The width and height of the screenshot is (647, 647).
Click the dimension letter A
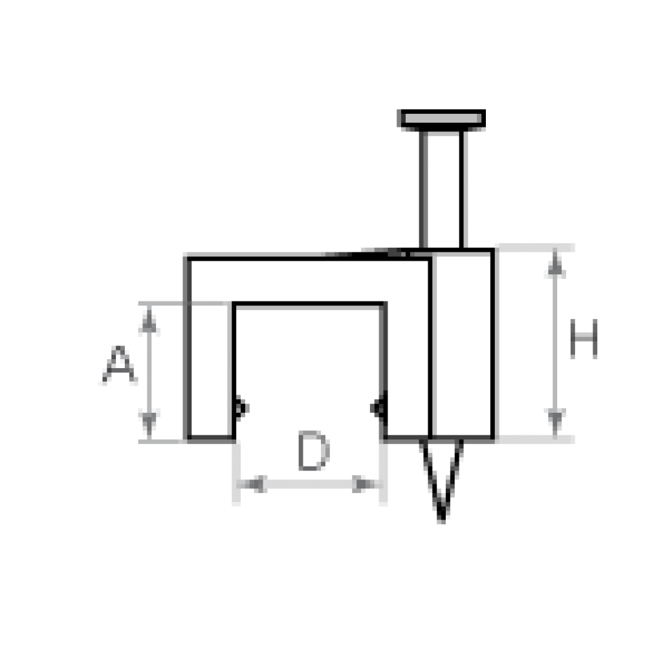click(118, 367)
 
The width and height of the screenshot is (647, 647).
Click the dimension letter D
click(314, 452)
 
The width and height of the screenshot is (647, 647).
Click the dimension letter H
click(584, 338)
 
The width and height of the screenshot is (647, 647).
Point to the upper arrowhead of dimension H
click(555, 265)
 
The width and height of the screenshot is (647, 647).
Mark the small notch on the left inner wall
click(241, 408)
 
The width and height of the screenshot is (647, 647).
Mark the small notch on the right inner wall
click(376, 408)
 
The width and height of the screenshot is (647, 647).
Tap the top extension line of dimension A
click(162, 303)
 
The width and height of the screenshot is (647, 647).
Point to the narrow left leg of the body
click(209, 372)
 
